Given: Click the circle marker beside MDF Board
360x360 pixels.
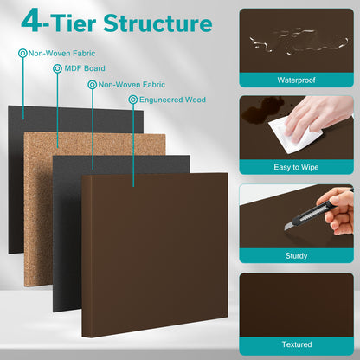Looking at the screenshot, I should coord(57,68).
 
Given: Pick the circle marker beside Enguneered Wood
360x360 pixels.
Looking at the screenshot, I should coord(132,100).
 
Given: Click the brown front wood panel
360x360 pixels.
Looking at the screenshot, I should coord(156,251).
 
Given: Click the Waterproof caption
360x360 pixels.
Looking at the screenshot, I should coord(295,80).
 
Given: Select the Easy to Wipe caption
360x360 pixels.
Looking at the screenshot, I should coord(295,168).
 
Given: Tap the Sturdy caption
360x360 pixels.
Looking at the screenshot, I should coord(295,255).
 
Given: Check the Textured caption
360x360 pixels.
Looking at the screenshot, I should coord(295,344).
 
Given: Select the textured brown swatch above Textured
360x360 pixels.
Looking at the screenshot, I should coord(295,303).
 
